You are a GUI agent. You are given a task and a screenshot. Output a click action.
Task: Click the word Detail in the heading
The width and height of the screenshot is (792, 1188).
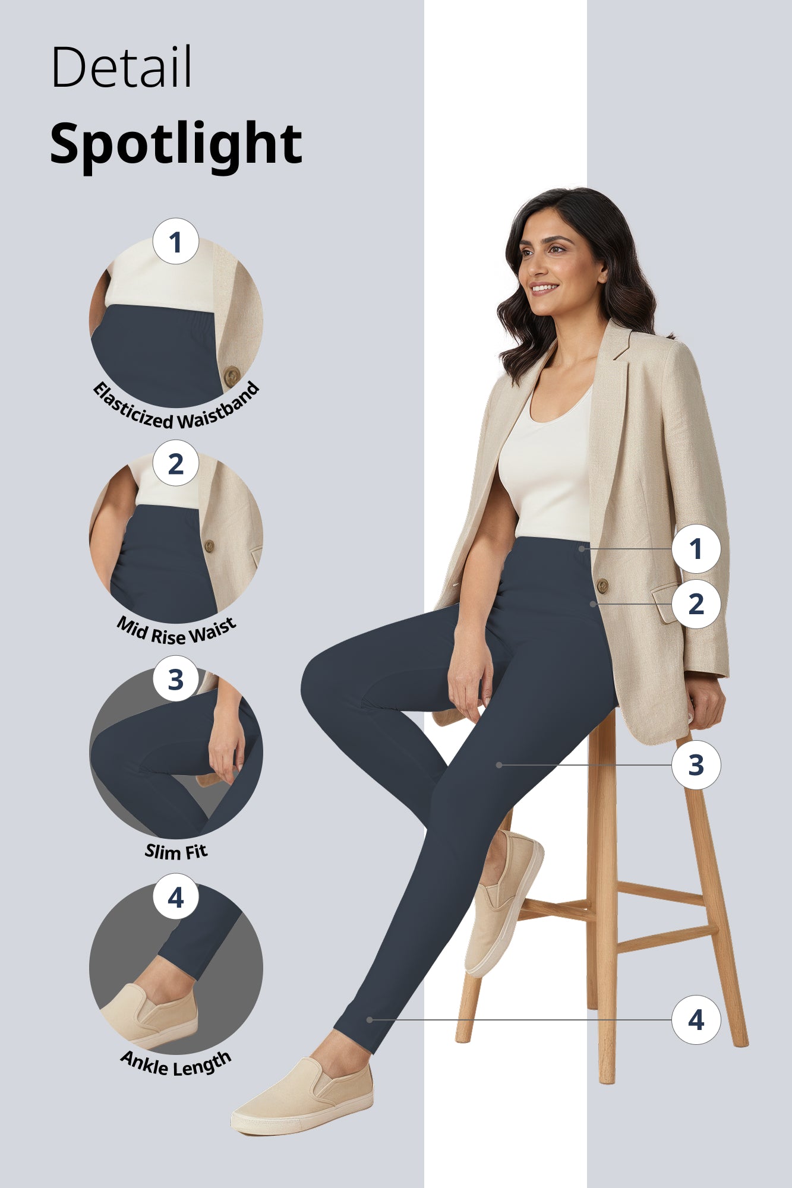[x=121, y=67]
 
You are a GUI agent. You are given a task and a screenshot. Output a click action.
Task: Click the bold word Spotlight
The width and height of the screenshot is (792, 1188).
[x=176, y=144]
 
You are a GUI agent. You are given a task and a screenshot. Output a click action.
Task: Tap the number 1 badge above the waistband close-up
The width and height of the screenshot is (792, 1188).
[x=175, y=242]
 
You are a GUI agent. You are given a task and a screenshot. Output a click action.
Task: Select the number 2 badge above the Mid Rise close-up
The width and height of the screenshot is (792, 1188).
[x=175, y=463]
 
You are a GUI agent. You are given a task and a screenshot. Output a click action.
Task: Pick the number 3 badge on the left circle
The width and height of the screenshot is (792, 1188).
[x=175, y=679]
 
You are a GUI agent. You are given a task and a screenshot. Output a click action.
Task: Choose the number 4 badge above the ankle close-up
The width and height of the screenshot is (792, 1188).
[x=175, y=897]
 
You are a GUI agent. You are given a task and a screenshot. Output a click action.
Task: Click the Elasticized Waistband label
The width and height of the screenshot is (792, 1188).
[x=176, y=410]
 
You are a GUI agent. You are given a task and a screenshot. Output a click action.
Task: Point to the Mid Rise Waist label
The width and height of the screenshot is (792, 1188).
[x=176, y=631]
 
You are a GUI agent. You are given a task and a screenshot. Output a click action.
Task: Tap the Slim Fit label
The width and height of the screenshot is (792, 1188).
[x=176, y=851]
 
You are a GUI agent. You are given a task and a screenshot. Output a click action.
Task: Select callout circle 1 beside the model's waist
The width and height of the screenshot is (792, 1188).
[x=696, y=549]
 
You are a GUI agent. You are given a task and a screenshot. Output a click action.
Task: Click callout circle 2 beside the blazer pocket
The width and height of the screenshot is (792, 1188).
[x=696, y=604]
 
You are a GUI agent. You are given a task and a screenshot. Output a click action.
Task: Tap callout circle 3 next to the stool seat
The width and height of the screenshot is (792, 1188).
[x=696, y=765]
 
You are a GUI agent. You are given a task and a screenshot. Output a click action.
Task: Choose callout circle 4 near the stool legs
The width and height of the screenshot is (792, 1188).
[x=696, y=1020]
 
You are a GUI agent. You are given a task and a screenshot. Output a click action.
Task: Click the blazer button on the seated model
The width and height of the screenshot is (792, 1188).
[x=602, y=586]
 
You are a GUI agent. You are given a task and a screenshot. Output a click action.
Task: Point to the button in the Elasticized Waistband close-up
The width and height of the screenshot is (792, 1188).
[x=232, y=375]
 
